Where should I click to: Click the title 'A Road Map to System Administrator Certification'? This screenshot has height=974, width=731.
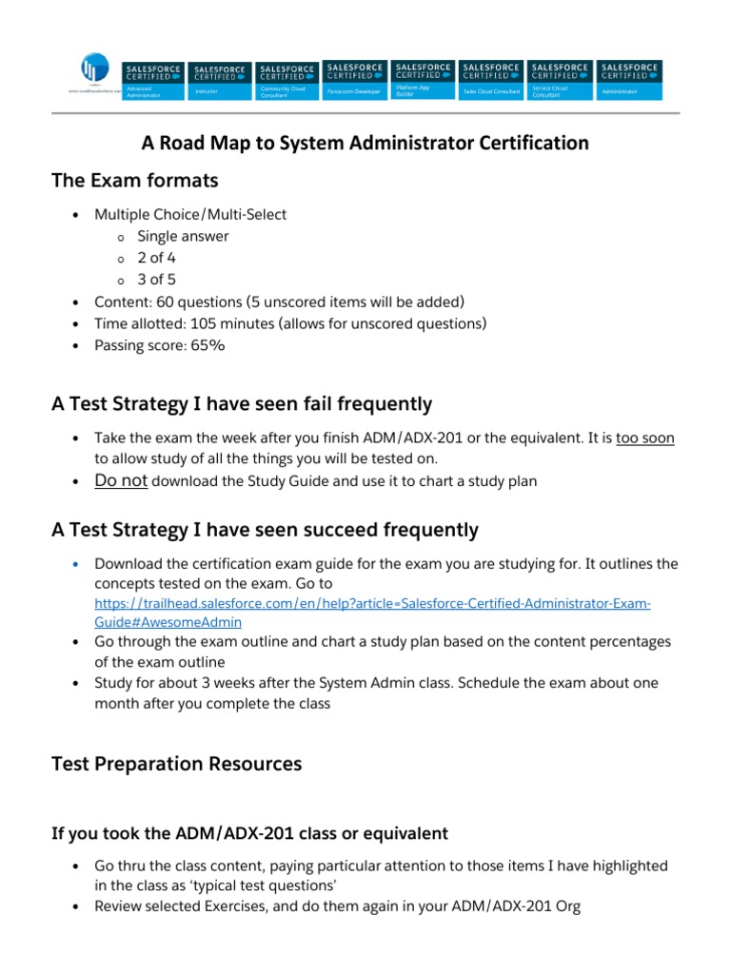pos(365,144)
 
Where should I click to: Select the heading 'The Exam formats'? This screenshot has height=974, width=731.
pos(134,180)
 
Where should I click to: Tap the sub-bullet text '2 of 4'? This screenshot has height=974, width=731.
pos(157,258)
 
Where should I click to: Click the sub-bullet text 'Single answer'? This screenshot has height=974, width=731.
pos(183,236)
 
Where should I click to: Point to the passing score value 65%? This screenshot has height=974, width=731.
pos(208,345)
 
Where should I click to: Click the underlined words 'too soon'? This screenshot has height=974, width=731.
pos(645,438)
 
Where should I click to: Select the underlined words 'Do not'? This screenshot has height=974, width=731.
pos(121,480)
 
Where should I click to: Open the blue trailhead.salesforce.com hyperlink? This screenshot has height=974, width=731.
pos(371,604)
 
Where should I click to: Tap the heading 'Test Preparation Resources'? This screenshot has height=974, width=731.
pos(176,764)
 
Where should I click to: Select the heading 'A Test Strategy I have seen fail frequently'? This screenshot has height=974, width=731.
pos(241,404)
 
